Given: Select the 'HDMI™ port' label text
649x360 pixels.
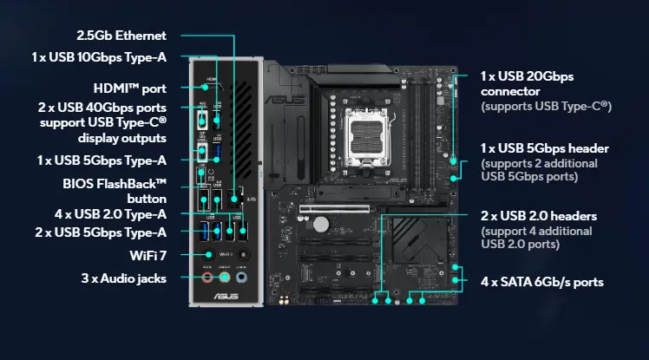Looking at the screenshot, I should tap(129, 88).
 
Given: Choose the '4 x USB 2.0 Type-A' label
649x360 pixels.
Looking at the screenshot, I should tap(110, 213).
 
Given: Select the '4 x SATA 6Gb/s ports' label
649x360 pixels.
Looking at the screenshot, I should tap(542, 282).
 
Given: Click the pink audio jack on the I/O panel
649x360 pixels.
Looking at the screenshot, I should tap(208, 278).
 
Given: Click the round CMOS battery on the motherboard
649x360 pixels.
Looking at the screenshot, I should tap(321, 224).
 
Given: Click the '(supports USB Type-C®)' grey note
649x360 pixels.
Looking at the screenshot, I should tap(547, 106).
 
